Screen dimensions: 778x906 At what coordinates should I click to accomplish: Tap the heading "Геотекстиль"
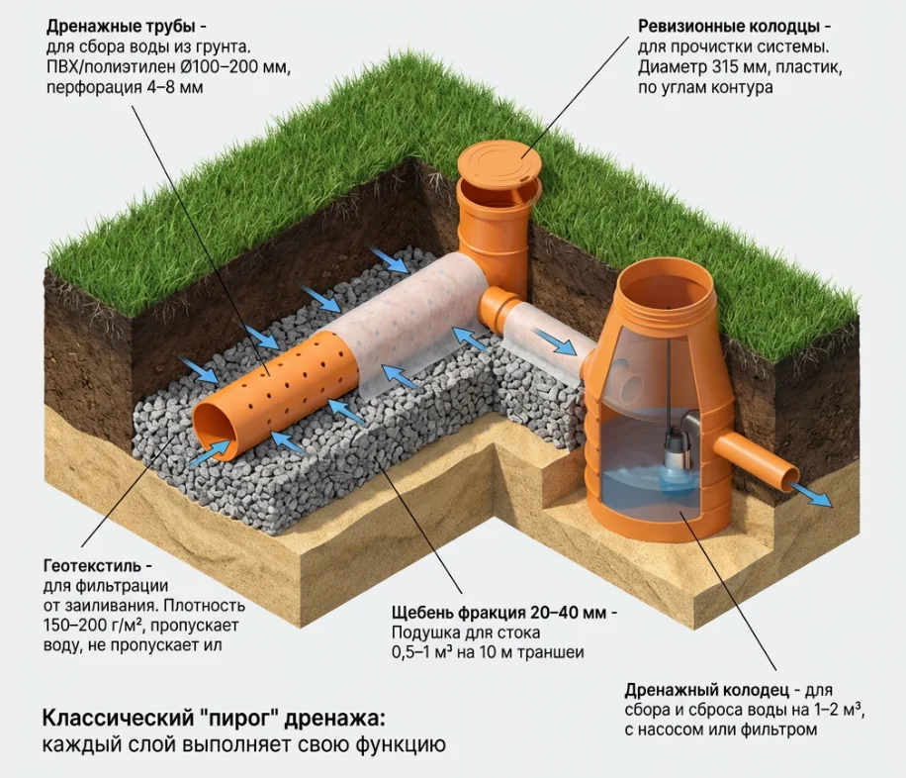(x=97, y=567)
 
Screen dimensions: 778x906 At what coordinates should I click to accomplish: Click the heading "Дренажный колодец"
(x=705, y=690)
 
